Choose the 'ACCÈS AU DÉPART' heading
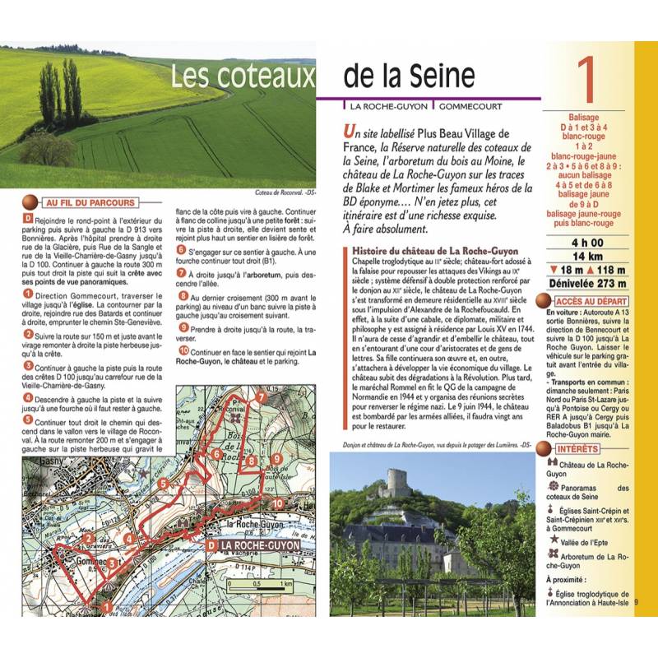[x=593, y=302]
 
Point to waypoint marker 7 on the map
[x=261, y=398]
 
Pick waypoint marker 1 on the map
[x=105, y=608]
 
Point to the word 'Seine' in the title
[x=443, y=76]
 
